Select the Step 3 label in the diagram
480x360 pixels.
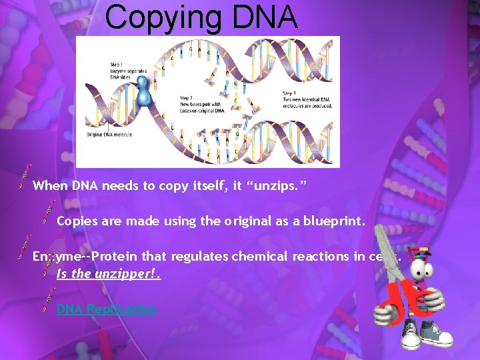click(x=289, y=93)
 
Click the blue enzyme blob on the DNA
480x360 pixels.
click(x=143, y=93)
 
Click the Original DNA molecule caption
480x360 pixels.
click(x=109, y=135)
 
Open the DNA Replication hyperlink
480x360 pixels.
click(x=107, y=309)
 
